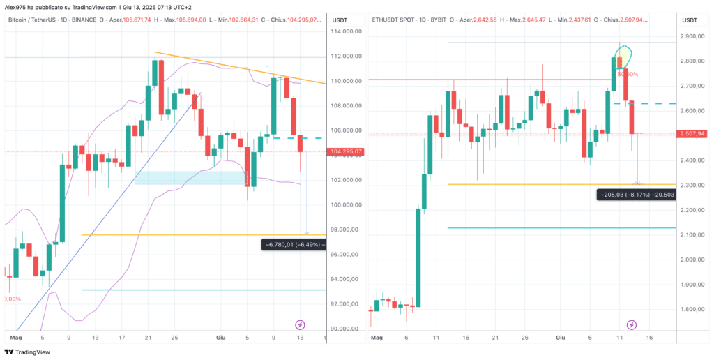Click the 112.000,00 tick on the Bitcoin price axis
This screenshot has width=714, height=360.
[x=347, y=57]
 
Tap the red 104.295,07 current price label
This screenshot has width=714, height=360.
[x=347, y=151]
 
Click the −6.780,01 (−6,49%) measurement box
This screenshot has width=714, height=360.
[x=292, y=244]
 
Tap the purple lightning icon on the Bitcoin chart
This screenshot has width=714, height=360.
[x=300, y=325]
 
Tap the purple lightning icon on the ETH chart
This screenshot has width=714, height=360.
[x=631, y=325]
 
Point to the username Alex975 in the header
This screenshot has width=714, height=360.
[x=15, y=6]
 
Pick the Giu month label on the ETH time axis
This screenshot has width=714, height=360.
[x=560, y=338]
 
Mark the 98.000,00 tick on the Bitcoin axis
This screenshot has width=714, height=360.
[x=347, y=230]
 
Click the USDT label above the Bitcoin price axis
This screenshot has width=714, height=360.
[x=340, y=19]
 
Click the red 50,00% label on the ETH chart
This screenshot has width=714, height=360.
[x=628, y=74]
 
